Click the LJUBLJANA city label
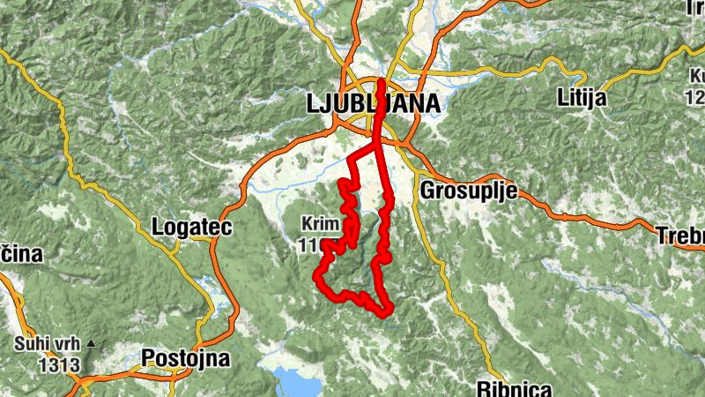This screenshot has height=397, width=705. [x=373, y=103]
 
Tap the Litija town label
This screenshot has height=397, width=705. [x=583, y=98]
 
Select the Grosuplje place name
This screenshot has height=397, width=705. [x=467, y=191]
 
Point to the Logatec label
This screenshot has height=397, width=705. [x=191, y=228]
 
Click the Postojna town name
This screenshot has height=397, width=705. [x=185, y=359]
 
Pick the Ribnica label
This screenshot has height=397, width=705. [x=514, y=388]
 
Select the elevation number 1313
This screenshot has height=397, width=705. [x=58, y=363]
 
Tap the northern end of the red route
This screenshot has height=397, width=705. [x=382, y=83]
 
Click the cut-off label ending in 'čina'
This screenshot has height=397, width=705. [x=13, y=254]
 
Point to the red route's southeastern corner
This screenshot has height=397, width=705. [x=385, y=311]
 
